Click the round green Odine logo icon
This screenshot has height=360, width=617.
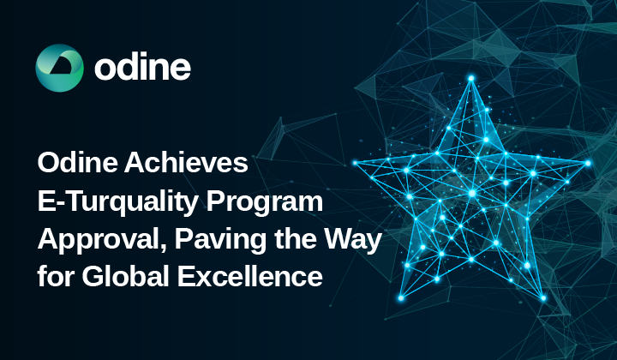59,68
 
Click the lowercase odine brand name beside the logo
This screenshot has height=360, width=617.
143,68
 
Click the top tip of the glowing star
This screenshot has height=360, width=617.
470,77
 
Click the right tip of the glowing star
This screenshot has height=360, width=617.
588,162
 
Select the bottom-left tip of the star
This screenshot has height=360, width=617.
400,297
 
